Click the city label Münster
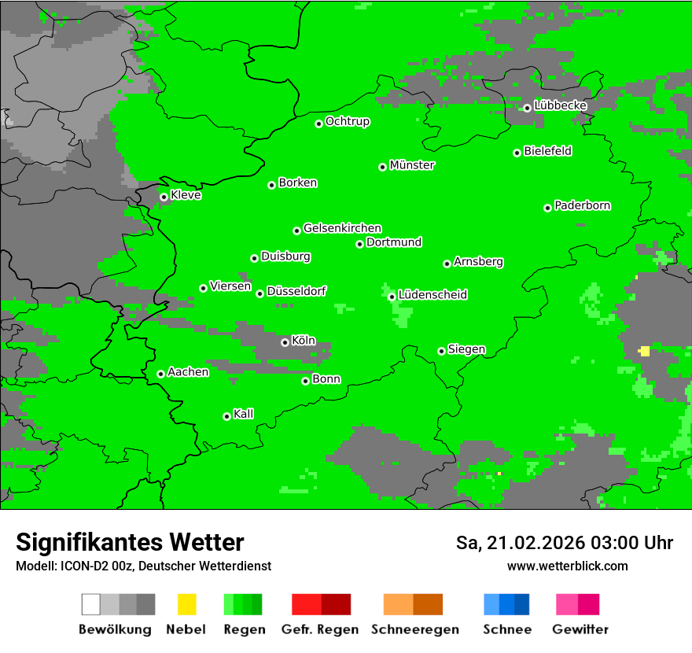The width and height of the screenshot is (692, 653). (412, 165)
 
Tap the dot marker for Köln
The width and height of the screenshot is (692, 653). (285, 342)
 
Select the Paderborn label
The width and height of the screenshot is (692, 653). (583, 205)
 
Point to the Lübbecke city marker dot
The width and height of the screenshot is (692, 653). (527, 108)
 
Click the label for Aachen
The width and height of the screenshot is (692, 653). (188, 372)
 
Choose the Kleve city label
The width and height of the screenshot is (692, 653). (186, 195)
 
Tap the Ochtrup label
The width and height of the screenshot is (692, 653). (348, 122)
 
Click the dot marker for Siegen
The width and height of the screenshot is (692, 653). (441, 351)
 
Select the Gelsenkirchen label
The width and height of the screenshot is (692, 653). (342, 228)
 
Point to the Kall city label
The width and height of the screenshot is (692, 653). (244, 414)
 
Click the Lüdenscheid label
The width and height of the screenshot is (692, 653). (432, 295)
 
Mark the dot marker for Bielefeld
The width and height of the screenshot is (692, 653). (517, 153)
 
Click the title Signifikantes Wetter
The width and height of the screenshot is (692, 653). (130, 542)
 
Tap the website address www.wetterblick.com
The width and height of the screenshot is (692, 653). (567, 566)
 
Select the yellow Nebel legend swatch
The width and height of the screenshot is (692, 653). (186, 604)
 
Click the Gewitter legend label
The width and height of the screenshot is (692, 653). (580, 629)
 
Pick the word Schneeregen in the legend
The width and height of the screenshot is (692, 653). (414, 629)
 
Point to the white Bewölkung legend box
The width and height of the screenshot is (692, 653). (90, 604)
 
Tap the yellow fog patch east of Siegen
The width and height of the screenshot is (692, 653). (645, 351)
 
